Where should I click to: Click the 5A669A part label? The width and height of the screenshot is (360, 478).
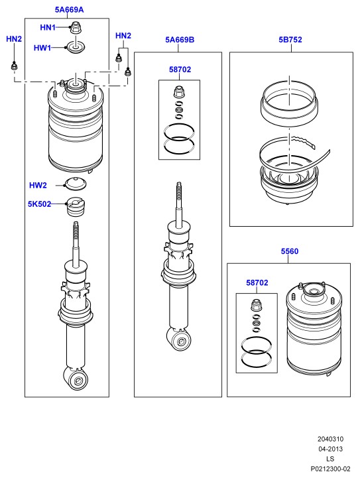click(x=69, y=10)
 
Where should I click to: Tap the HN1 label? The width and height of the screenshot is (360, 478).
click(x=48, y=27)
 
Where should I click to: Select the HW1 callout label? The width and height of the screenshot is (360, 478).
click(x=42, y=48)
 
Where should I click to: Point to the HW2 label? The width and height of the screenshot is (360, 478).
click(x=38, y=186)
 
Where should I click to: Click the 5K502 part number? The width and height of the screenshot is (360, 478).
click(x=39, y=204)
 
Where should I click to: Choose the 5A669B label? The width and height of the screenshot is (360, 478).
click(x=180, y=40)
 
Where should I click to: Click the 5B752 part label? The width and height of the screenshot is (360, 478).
click(x=290, y=40)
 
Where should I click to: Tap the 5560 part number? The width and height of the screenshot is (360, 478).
click(x=290, y=251)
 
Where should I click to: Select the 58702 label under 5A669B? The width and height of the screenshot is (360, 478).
click(x=180, y=70)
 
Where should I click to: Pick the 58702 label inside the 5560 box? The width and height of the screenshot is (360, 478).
click(x=257, y=282)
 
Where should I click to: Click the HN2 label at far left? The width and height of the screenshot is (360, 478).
click(x=14, y=38)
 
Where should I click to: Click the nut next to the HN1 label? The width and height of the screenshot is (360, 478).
click(x=75, y=27)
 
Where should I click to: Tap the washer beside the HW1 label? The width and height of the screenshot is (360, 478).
click(x=76, y=47)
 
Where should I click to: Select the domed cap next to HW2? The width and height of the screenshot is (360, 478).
click(x=76, y=184)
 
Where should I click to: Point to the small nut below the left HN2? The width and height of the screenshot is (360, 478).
click(x=14, y=66)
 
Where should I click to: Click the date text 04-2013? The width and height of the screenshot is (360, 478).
click(x=330, y=449)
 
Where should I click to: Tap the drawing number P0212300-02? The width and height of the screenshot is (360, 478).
click(x=330, y=469)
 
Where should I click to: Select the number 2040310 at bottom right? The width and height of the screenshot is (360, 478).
click(x=330, y=439)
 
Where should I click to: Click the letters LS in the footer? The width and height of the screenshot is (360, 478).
click(x=330, y=459)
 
